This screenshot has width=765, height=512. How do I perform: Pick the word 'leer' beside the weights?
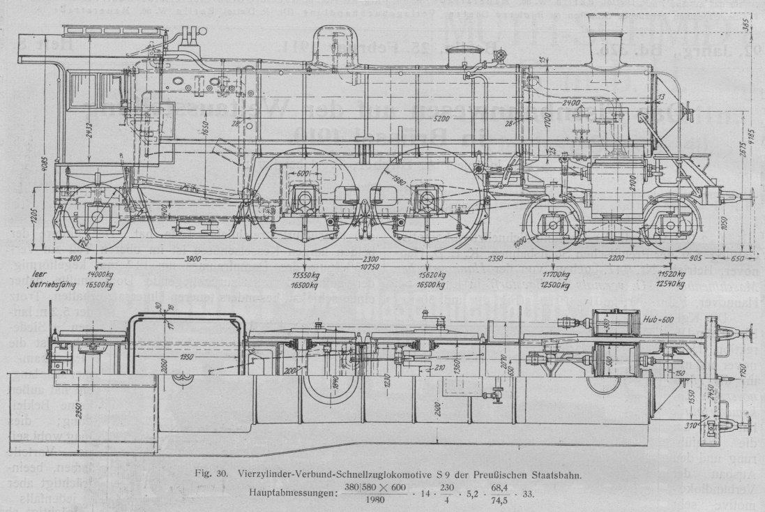pyautogui.click(x=33, y=276)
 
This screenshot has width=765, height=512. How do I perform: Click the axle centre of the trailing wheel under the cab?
pyautogui.click(x=94, y=217)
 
